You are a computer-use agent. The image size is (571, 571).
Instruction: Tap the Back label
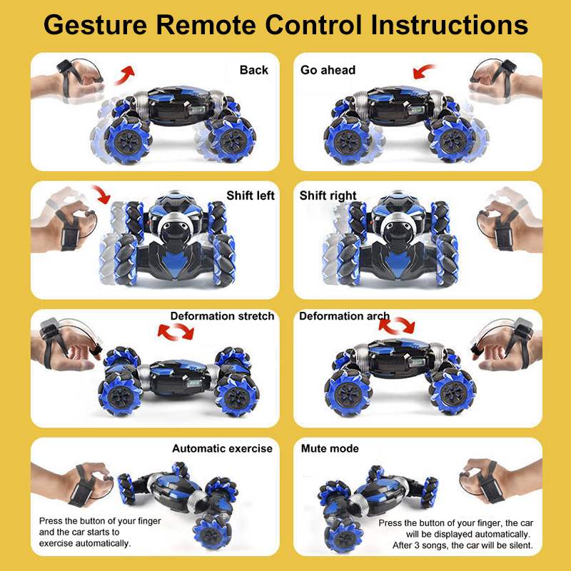pos(254,70)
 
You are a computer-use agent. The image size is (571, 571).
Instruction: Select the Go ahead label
pos(328,70)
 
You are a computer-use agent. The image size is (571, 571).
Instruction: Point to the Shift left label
pos(251,195)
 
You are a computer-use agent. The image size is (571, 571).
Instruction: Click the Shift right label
pos(328,195)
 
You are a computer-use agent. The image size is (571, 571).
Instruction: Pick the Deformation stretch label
pos(222,316)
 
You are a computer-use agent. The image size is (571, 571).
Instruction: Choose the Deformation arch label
pos(344,316)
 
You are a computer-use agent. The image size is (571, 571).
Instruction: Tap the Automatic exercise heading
pos(222,448)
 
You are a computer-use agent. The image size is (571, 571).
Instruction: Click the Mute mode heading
pos(330,448)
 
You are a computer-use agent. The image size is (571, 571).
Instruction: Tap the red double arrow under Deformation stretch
pos(176,331)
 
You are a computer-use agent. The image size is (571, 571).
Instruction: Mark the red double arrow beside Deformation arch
pos(397,325)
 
